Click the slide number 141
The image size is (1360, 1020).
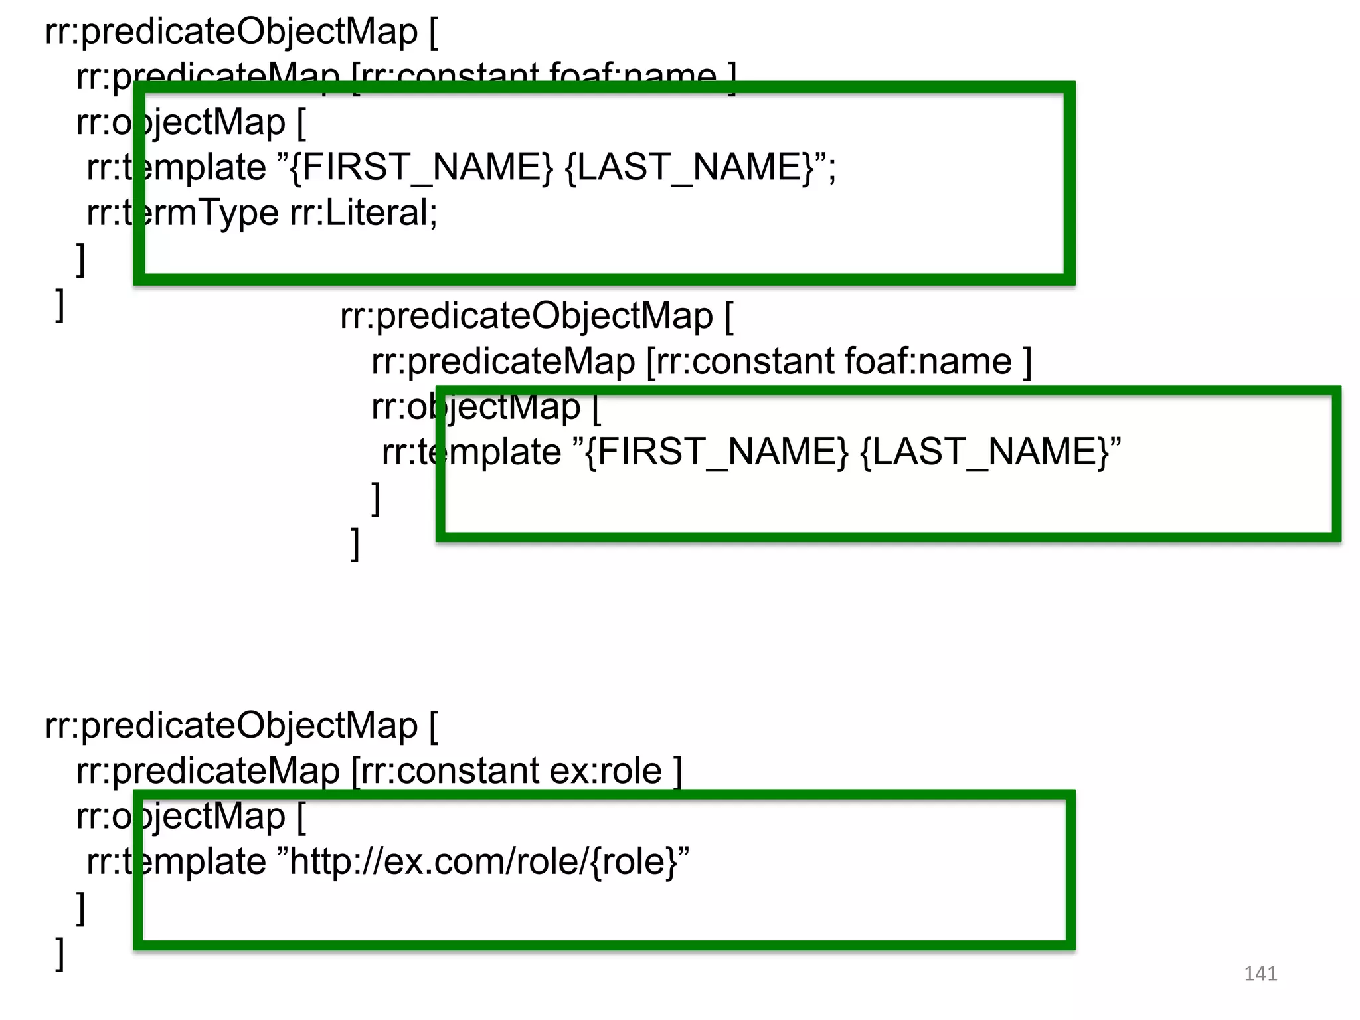point(1260,974)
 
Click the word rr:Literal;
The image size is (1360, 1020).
point(364,213)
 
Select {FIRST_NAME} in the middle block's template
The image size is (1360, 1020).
point(717,452)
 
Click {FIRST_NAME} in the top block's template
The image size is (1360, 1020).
point(422,167)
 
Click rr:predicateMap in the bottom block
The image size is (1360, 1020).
point(208,771)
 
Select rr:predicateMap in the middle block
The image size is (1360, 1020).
point(503,362)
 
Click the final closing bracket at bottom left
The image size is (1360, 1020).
point(60,954)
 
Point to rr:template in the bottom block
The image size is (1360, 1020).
point(177,862)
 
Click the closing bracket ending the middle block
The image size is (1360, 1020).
point(355,544)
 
